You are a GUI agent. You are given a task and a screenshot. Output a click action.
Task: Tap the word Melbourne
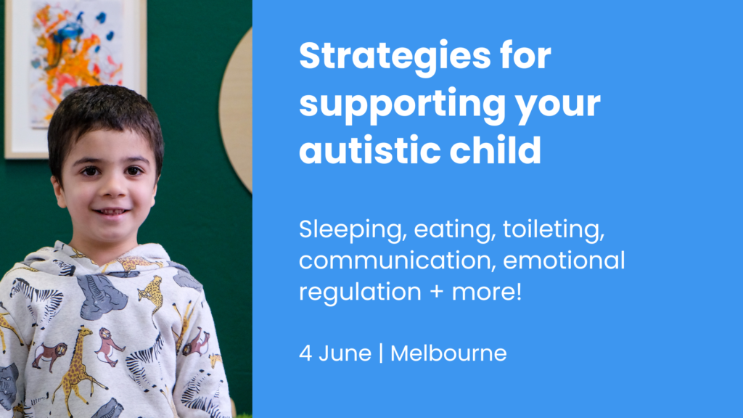448,354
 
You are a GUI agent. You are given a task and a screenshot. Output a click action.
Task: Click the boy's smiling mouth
112,211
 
